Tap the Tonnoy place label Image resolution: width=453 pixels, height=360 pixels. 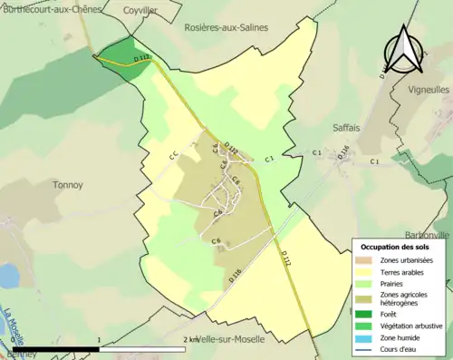(67, 185)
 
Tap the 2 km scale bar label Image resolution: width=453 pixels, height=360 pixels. (191, 339)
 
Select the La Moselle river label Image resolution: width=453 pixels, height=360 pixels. (12, 327)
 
